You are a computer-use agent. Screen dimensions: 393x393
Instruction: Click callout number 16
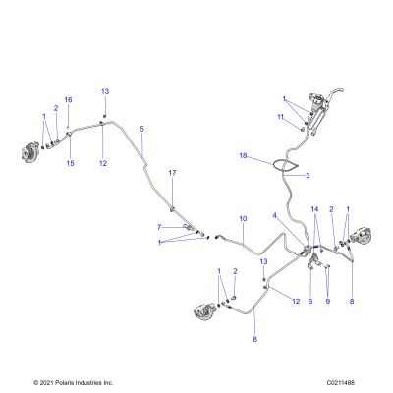(68, 100)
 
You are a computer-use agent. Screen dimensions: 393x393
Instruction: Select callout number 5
(141, 129)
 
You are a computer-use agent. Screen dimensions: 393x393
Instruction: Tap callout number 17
(172, 173)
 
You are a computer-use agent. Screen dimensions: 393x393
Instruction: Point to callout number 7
(159, 227)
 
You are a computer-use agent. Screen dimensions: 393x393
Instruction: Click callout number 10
(243, 218)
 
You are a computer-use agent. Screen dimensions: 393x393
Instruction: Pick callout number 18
(243, 155)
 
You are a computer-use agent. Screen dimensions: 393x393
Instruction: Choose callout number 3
(308, 176)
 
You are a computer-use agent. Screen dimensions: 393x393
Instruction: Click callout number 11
(280, 117)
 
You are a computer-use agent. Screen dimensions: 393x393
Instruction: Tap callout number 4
(275, 215)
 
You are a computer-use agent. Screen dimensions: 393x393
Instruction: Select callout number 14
(314, 208)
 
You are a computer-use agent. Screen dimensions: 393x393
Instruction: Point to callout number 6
(310, 301)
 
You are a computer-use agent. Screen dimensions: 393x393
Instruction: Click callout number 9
(328, 301)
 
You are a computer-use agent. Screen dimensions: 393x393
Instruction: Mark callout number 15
(71, 163)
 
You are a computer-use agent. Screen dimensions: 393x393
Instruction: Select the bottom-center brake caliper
(204, 312)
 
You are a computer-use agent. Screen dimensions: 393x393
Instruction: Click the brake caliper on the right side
(362, 234)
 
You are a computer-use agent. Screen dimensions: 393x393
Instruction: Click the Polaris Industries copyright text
(74, 382)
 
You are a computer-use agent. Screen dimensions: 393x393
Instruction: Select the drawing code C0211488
(341, 382)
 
